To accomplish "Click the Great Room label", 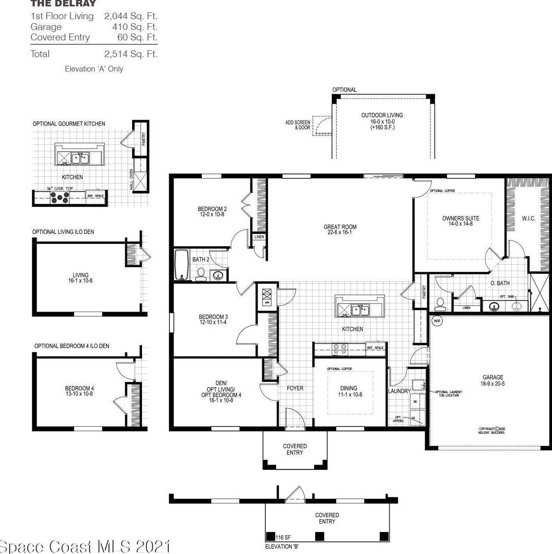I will (340, 229).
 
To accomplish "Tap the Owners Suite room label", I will (460, 221).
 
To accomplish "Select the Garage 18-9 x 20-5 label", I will (493, 380).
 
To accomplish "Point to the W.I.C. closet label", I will (528, 218).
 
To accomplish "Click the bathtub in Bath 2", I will (181, 264).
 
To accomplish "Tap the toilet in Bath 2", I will (201, 274).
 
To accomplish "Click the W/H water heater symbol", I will (437, 321).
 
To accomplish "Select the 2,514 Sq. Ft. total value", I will (131, 54).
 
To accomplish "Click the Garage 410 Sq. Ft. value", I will (135, 27).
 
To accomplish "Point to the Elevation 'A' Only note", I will (94, 69).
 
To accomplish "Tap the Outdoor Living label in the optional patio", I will (382, 121).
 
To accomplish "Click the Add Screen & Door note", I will (298, 125).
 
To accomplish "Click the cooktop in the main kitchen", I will (340, 349).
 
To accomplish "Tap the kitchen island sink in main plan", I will (360, 310).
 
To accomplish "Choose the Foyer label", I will (295, 388).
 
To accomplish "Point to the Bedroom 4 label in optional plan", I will (79, 391).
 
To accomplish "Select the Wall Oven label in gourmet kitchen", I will (131, 180).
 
